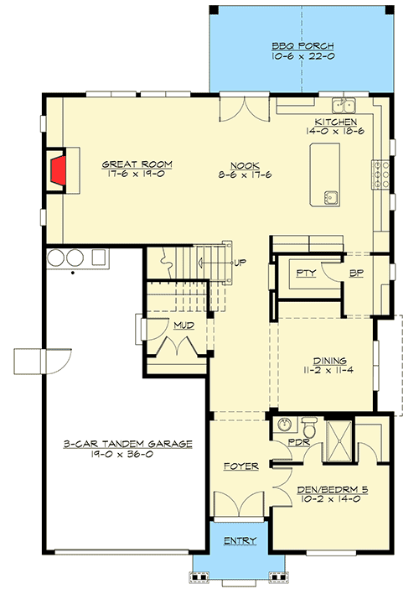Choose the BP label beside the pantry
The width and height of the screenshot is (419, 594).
point(355,274)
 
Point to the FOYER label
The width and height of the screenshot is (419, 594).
point(241,466)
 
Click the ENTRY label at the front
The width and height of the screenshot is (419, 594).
point(240,541)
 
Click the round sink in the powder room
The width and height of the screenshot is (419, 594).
point(284,425)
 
